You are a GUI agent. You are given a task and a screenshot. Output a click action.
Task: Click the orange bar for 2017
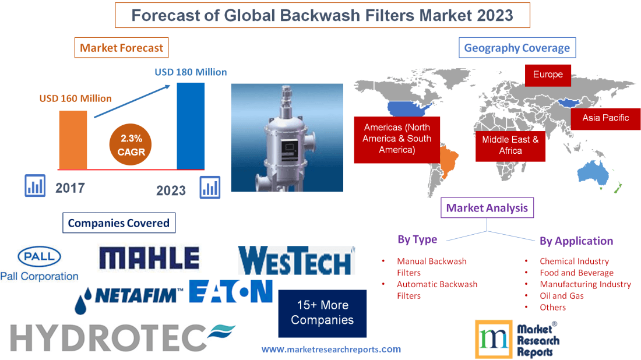pyautogui.click(x=73, y=139)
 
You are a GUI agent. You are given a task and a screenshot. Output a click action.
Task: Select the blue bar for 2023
pyautogui.click(x=191, y=125)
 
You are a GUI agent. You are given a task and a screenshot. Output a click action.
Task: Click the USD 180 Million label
pyautogui.click(x=191, y=72)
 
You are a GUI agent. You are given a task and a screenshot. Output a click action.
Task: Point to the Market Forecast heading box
pyautogui.click(x=122, y=48)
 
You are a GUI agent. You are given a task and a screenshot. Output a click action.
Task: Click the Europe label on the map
pyautogui.click(x=548, y=75)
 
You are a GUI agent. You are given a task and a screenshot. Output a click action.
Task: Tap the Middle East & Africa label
pyautogui.click(x=510, y=145)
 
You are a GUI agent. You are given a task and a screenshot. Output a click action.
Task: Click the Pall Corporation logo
pyautogui.click(x=39, y=264)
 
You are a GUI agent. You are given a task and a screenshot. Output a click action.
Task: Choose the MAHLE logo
pyautogui.click(x=149, y=258)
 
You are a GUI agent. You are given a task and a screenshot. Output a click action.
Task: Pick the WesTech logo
pyautogui.click(x=296, y=260)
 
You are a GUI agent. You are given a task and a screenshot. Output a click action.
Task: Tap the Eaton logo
pyautogui.click(x=231, y=291)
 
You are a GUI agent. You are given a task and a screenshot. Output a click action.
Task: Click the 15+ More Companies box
pyautogui.click(x=322, y=313)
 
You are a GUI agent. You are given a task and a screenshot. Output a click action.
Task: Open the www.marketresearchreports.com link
pyautogui.click(x=331, y=350)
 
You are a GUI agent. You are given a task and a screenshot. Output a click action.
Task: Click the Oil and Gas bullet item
pyautogui.click(x=561, y=295)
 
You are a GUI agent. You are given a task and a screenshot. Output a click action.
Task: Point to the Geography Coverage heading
pyautogui.click(x=517, y=48)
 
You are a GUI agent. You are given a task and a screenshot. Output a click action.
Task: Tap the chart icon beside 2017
pyautogui.click(x=35, y=186)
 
